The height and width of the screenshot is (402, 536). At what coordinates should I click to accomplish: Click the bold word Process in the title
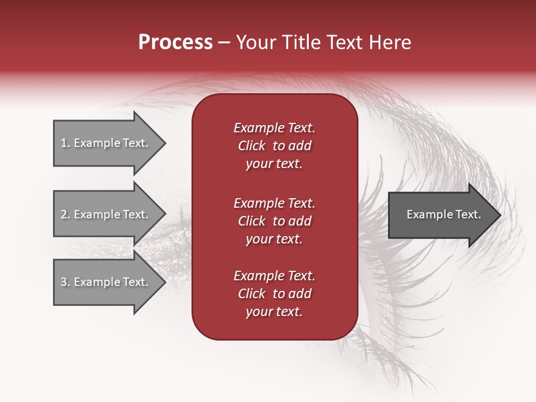175,42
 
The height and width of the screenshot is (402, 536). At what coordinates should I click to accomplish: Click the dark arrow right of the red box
441,215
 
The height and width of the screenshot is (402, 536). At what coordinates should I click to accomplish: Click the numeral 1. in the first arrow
65,143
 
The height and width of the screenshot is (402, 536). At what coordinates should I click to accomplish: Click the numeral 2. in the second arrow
65,214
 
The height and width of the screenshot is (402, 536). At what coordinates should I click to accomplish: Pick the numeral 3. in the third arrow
65,282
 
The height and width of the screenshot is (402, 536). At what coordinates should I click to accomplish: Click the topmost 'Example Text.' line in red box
274,128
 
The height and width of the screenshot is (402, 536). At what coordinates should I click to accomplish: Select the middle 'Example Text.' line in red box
274,203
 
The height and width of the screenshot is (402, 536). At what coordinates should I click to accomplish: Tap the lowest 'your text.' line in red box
274,312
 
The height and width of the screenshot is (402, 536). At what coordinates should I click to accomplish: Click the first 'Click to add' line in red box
274,146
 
